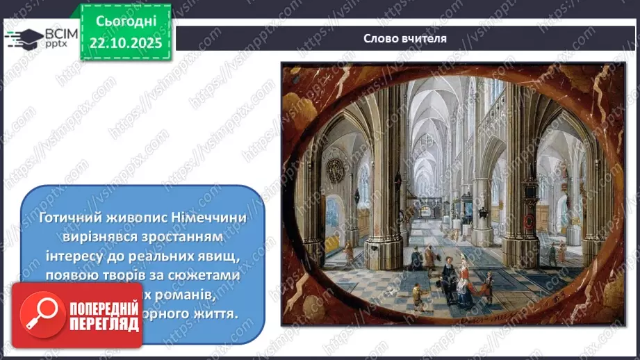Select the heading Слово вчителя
click(x=405, y=38)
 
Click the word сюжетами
click(x=209, y=276)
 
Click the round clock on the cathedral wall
click(x=336, y=170)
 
